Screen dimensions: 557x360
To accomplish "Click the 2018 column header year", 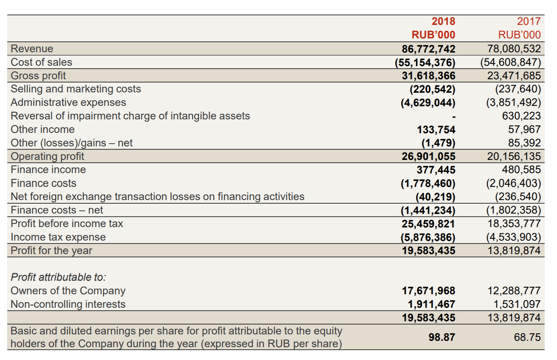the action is [x=443, y=21].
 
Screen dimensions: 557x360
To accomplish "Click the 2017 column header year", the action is [x=529, y=21].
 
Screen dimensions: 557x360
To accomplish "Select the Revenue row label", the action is [x=32, y=49].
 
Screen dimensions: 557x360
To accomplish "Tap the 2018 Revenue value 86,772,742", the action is [x=428, y=49].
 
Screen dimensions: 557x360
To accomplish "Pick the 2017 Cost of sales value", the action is [x=510, y=62].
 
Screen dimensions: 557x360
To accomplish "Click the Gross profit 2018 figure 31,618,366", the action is [x=428, y=76].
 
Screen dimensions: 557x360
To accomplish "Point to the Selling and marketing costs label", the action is [x=76, y=89].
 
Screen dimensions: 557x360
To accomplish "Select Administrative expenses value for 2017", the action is [x=514, y=102].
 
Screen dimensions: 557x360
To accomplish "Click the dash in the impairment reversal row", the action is [x=454, y=117].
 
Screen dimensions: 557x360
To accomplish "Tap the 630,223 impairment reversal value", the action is [x=521, y=116].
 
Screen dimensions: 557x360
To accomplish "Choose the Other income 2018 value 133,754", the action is [x=436, y=129].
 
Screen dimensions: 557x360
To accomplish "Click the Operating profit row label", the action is [x=47, y=156].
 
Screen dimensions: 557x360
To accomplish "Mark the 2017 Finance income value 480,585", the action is [x=521, y=170].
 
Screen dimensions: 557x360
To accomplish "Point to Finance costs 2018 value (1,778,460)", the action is [x=428, y=183].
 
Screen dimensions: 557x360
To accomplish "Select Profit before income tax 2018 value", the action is [x=428, y=224].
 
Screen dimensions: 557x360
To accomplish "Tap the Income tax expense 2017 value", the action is [x=514, y=237].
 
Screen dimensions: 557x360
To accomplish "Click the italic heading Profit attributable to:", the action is [x=58, y=277].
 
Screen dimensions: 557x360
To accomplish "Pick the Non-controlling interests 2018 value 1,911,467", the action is [x=431, y=304].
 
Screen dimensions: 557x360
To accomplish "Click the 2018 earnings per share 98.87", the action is [x=442, y=337].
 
